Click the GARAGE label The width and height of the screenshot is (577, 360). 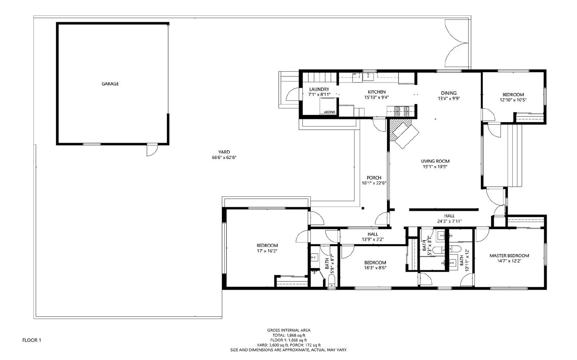110,84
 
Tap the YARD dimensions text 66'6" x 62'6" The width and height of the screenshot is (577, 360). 224,157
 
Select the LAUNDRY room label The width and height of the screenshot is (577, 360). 319,89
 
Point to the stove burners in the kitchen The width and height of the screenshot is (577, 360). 401,111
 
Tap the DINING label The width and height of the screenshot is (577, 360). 449,93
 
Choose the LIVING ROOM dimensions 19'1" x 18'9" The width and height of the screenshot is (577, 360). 436,167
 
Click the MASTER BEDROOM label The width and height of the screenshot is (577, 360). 509,255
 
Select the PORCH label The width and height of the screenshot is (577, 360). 374,178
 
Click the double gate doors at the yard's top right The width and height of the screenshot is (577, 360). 457,47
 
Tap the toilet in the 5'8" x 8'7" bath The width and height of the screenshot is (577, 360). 331,281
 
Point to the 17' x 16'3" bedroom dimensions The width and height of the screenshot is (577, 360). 267,251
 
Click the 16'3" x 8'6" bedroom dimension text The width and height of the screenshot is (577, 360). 375,268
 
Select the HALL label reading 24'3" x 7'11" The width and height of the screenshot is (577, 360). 449,222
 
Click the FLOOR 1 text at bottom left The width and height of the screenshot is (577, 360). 32,340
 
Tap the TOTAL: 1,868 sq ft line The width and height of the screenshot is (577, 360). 288,335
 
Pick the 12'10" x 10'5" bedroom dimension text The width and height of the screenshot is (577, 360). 513,100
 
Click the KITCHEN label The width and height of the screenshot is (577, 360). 376,92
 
